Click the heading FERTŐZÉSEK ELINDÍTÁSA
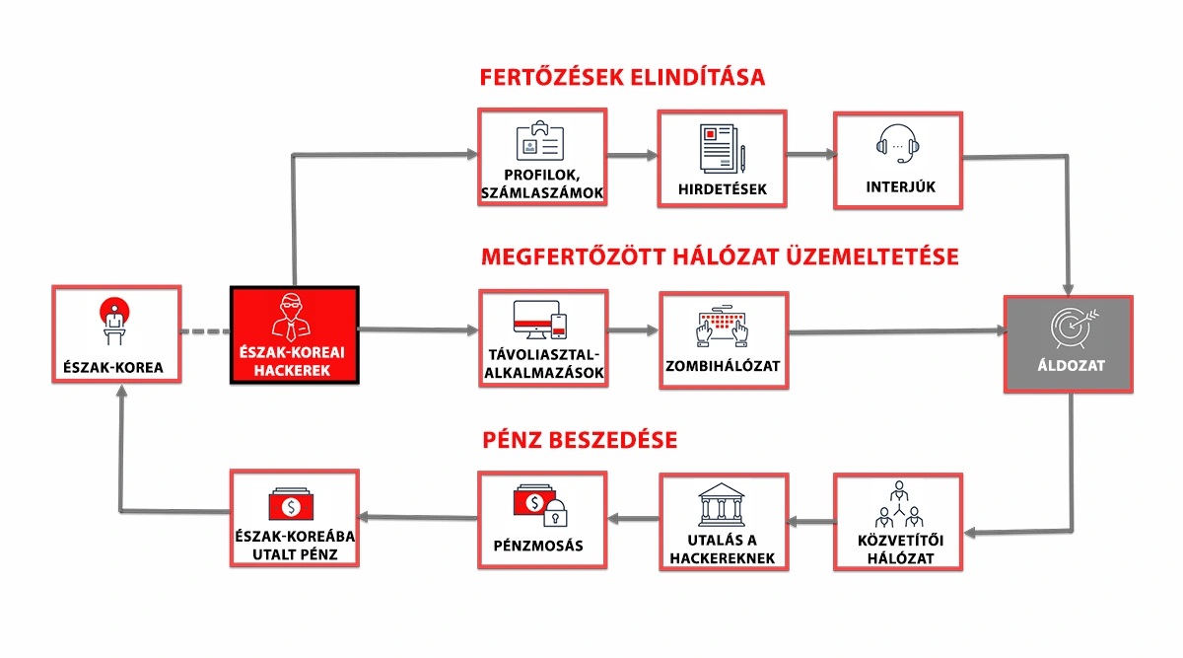pos(622,77)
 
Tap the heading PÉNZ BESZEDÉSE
pos(580,440)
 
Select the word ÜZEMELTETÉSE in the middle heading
pos(872,256)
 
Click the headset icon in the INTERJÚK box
pos(898,144)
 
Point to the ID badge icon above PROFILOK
pos(540,141)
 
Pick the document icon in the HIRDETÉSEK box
pos(723,149)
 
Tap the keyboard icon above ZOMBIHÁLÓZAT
pos(722,327)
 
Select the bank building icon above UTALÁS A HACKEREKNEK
pos(722,505)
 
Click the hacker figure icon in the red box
pos(291,318)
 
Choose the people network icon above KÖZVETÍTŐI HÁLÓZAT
pos(899,504)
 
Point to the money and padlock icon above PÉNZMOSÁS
pos(540,505)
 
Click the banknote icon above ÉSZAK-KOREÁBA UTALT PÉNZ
pos(291,504)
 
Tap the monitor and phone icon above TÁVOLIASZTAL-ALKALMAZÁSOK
pos(540,320)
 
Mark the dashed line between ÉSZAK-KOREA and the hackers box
pos(206,331)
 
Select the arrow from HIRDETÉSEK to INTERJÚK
pos(810,154)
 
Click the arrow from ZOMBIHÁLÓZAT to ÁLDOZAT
pos(897,331)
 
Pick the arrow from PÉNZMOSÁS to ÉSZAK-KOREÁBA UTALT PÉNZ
pos(418,517)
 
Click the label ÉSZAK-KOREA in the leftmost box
pos(113,367)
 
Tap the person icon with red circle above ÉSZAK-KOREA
pos(114,321)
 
